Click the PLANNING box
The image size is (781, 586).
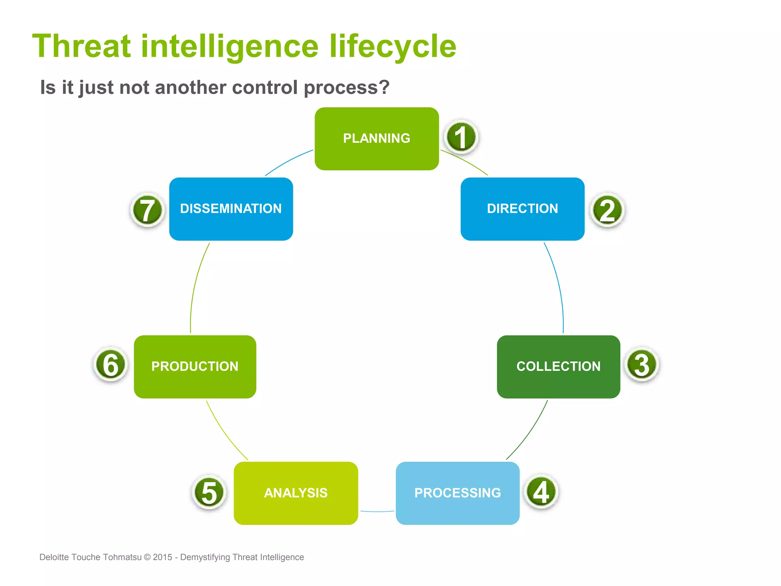pos(376,138)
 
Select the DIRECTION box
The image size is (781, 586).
pos(522,209)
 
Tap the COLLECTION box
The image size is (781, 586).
pos(558,367)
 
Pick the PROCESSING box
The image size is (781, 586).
pos(457,493)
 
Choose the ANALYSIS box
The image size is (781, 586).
pos(296,493)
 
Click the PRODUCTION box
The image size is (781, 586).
pos(195,367)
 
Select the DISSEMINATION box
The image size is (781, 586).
pos(231,209)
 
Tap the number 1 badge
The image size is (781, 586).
pos(461,137)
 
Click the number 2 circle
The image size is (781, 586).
pos(607,210)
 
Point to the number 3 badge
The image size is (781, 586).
pos(642,365)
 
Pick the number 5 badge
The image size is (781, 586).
pos(209,493)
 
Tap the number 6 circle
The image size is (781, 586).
pos(111,365)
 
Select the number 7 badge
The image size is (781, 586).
pos(147,210)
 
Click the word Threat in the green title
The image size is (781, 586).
pos(81,47)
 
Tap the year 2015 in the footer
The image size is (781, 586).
pos(162,557)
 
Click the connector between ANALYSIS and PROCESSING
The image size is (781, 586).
pos(377,511)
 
